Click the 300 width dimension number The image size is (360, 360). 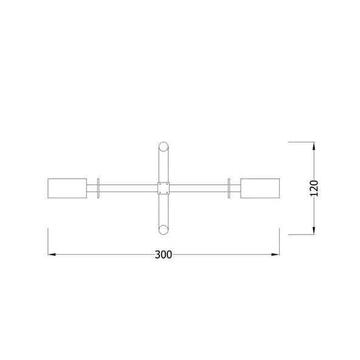(163, 255)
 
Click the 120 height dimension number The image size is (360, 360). (314, 188)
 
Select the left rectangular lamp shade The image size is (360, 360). (67, 188)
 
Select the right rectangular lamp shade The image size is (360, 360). (260, 188)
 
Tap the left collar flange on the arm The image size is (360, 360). (98, 188)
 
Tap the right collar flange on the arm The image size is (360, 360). (229, 188)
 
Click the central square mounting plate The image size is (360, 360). (164, 188)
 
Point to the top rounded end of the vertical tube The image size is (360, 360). (164, 147)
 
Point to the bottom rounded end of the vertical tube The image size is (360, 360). (164, 229)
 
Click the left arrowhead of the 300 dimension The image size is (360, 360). (52, 255)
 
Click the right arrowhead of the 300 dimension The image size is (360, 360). (275, 255)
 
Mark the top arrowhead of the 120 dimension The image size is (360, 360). (314, 146)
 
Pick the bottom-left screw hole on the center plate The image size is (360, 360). (159, 192)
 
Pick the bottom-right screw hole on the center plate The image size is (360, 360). (168, 192)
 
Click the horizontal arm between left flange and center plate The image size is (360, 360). (128, 188)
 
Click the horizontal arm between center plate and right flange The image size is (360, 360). (198, 188)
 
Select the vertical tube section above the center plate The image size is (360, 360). (164, 165)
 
